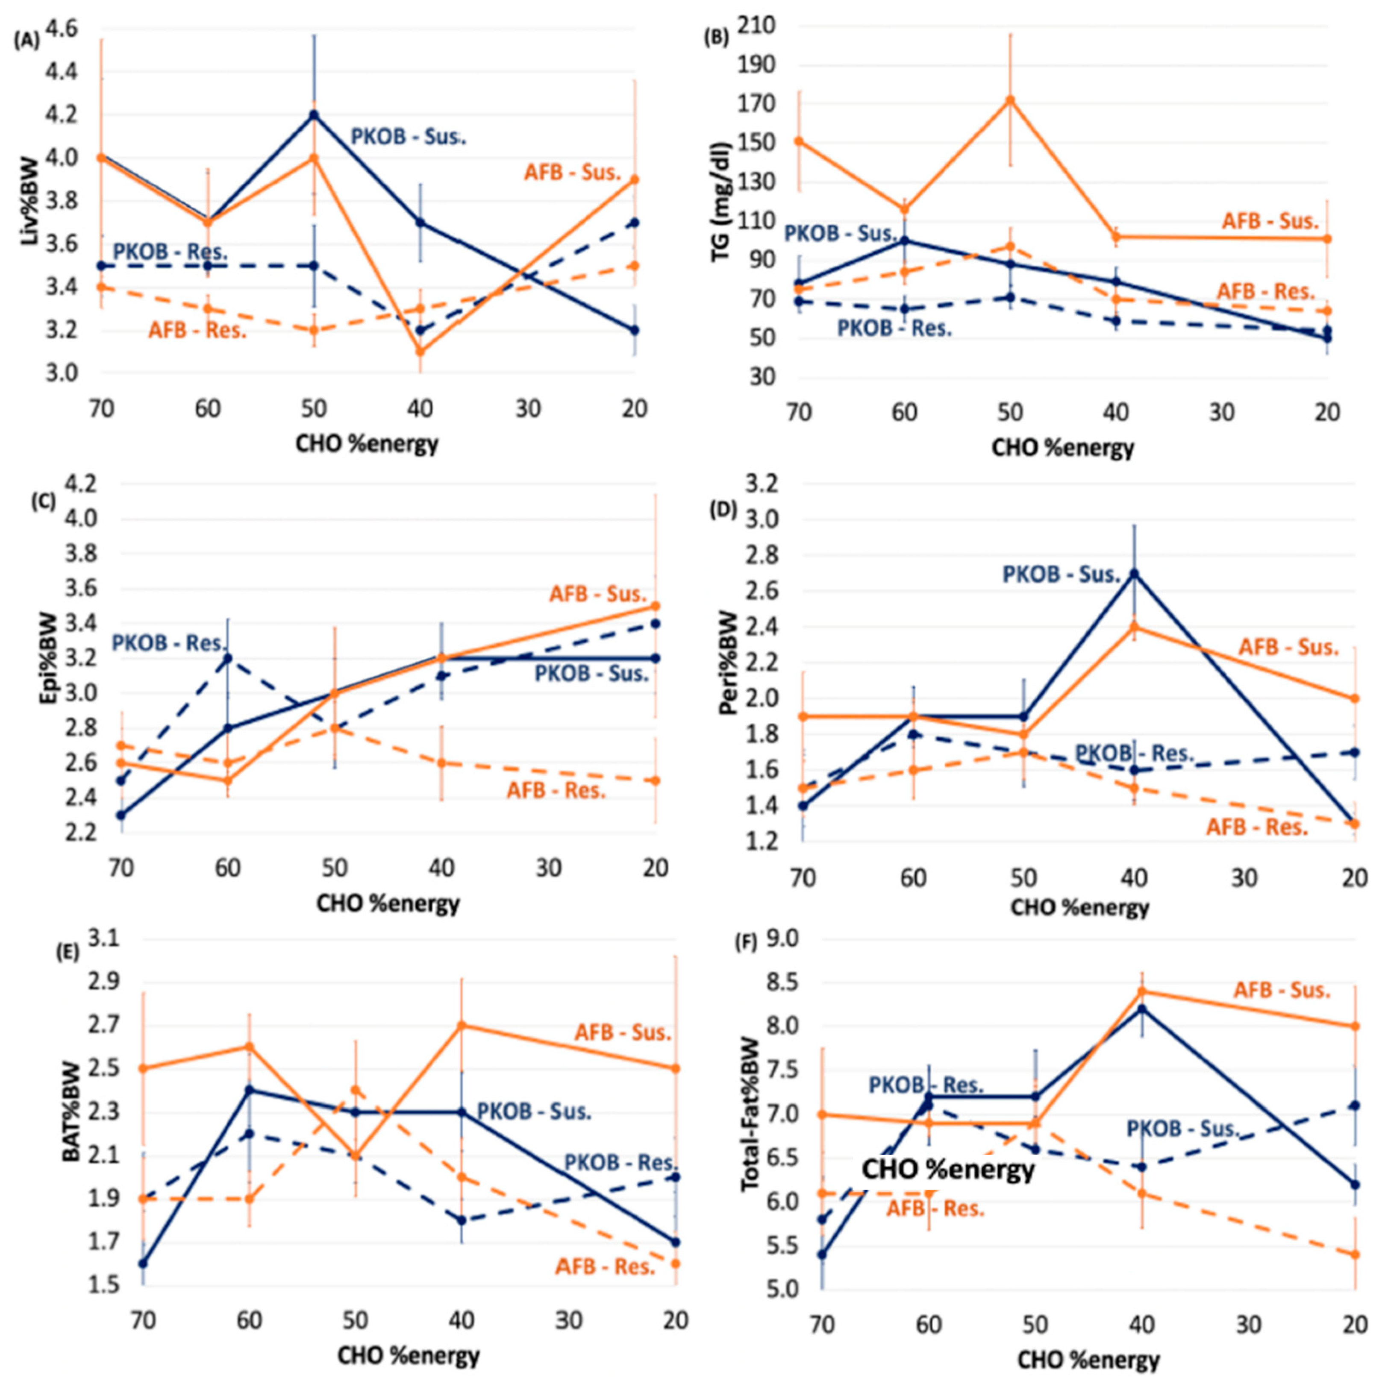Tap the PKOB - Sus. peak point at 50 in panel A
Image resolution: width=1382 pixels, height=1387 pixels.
tap(314, 114)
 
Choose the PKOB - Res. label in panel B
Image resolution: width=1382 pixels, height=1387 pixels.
tap(894, 328)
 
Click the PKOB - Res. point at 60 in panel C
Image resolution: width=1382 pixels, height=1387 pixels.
tap(228, 657)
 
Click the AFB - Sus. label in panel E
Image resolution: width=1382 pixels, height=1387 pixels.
tap(622, 1032)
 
